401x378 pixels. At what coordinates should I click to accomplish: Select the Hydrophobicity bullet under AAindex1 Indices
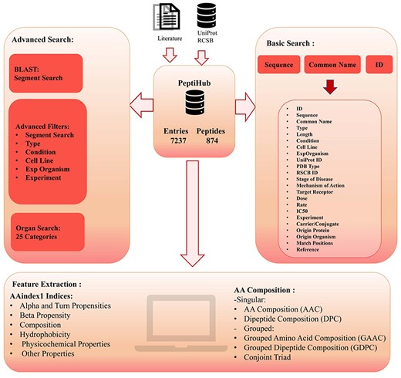[51, 337]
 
